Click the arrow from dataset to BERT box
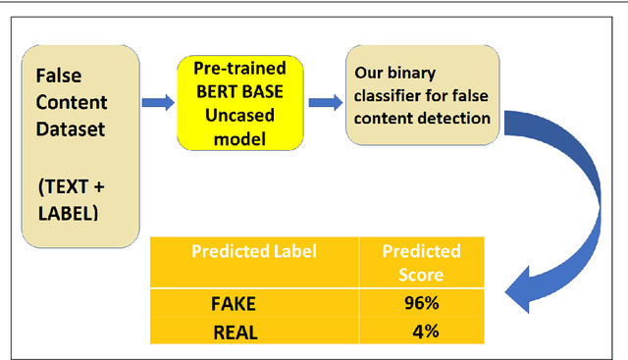[x=156, y=101]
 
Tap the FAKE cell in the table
[x=235, y=303]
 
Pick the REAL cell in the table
[x=235, y=332]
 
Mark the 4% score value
[x=425, y=332]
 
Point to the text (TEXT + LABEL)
[x=67, y=200]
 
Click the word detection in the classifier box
[x=461, y=118]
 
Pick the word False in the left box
[x=58, y=76]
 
